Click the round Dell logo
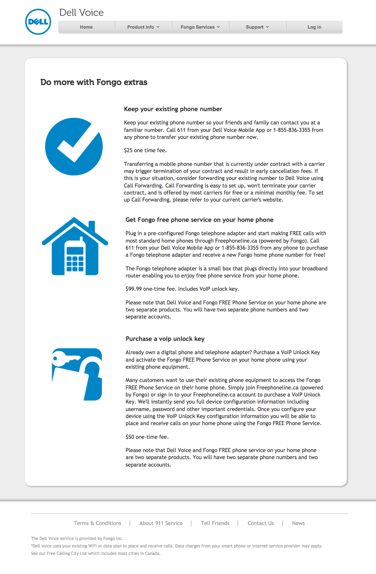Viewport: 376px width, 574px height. point(38,22)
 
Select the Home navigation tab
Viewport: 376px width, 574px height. point(86,27)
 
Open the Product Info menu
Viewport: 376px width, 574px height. point(143,27)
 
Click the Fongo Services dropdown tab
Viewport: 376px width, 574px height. point(200,27)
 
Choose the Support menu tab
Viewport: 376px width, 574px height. point(257,27)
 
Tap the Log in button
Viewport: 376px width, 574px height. point(314,27)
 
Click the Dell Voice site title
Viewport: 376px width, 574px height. point(82,12)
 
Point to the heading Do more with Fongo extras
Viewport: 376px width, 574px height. point(94,82)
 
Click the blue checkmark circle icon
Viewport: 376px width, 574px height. point(74,146)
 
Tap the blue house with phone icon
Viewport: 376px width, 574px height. point(75,246)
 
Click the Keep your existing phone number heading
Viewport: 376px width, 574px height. point(173,109)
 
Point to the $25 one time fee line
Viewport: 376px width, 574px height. point(145,151)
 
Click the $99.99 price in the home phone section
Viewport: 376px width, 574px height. point(134,289)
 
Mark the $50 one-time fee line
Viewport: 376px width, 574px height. point(147,437)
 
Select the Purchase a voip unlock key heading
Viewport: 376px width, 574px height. point(165,339)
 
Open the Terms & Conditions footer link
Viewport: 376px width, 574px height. point(98,523)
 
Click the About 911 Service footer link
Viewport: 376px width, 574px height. point(161,523)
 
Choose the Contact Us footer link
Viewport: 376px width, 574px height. point(261,523)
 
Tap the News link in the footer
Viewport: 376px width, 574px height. point(299,523)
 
